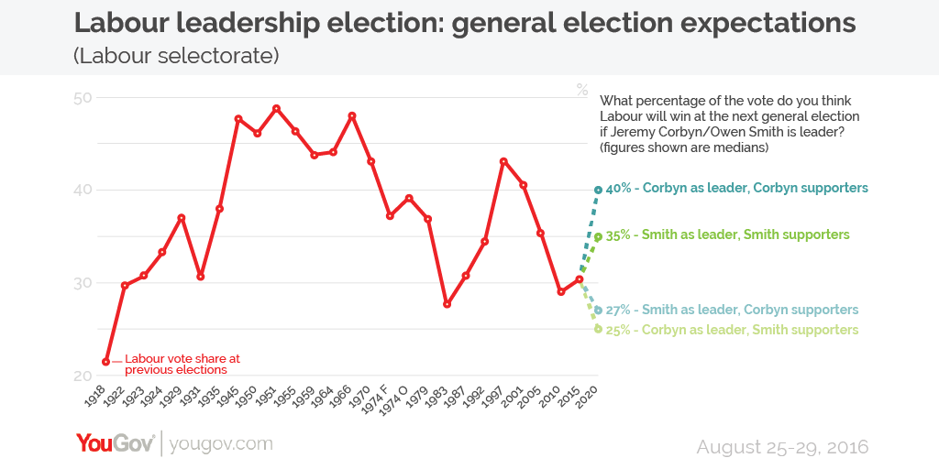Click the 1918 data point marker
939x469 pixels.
tap(106, 362)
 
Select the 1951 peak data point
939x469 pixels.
tap(276, 108)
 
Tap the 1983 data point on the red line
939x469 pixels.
tap(447, 303)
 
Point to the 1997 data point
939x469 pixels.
tap(503, 161)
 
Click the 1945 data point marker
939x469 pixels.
tap(238, 119)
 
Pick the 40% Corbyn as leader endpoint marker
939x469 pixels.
tap(598, 190)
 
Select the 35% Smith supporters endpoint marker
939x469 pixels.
tap(598, 236)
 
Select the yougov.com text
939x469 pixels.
tap(221, 444)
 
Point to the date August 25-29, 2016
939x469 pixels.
tap(782, 447)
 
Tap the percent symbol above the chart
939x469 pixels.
tap(582, 90)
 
